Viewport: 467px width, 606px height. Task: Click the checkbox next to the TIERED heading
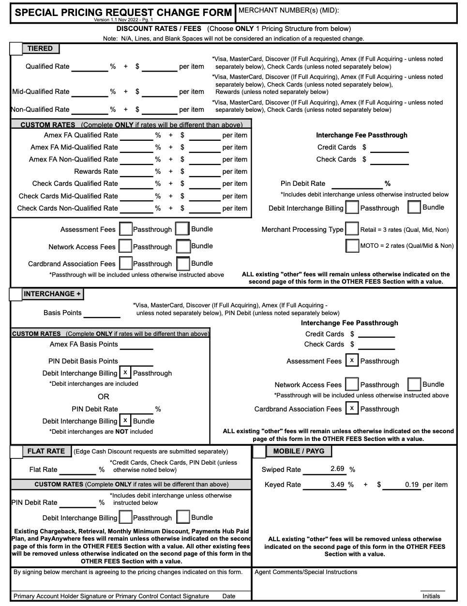(16, 48)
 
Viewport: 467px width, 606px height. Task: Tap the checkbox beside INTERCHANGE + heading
(16, 294)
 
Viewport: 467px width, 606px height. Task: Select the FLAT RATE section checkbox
(16, 452)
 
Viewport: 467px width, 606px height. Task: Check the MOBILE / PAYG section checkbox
(259, 452)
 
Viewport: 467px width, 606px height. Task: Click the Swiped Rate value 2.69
(337, 469)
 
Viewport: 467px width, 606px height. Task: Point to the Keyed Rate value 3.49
(337, 485)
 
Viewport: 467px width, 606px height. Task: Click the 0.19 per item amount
(411, 485)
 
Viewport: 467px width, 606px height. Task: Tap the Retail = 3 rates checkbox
(352, 229)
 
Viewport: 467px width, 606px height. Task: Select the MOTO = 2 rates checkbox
(352, 245)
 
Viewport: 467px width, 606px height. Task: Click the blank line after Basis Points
(102, 314)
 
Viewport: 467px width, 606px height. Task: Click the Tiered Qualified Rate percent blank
(90, 67)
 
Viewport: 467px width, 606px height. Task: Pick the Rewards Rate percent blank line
(136, 172)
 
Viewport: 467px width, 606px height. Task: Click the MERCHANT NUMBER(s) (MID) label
(289, 10)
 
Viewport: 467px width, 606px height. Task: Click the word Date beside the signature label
(228, 596)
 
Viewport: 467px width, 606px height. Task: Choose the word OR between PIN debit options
(103, 396)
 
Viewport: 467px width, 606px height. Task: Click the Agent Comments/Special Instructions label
(306, 572)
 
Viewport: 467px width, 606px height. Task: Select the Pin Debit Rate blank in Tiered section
(357, 184)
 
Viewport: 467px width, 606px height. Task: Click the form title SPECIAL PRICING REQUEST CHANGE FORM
(123, 13)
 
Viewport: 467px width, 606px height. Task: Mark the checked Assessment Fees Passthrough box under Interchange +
(352, 361)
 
